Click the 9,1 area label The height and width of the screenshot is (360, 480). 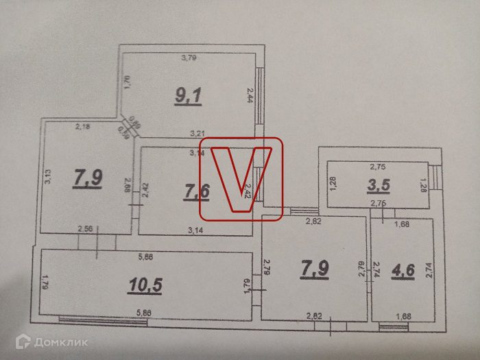(187, 95)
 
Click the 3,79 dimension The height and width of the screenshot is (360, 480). (189, 58)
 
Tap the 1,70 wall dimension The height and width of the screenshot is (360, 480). (127, 84)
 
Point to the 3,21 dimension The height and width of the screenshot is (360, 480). (199, 134)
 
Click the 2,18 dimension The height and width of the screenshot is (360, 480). (82, 127)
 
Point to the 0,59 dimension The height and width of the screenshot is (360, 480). (124, 132)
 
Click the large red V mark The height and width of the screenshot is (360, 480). (240, 176)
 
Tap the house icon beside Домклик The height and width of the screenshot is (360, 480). (23, 341)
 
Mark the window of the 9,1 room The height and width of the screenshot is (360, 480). (260, 95)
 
